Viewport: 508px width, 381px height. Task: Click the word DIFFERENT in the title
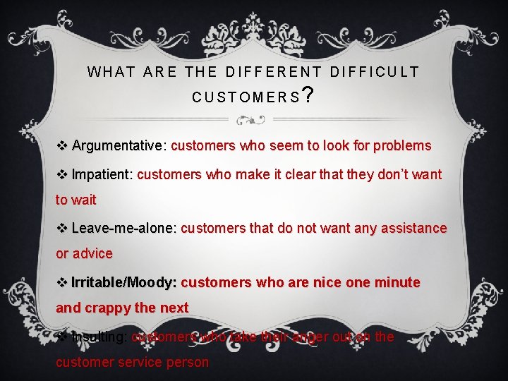coord(272,72)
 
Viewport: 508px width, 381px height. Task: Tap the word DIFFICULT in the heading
coord(375,72)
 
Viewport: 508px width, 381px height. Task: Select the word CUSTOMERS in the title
coord(246,97)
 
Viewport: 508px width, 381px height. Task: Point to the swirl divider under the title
coord(253,119)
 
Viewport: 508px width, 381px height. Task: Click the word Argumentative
coord(116,146)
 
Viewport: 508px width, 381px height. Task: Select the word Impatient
coord(102,174)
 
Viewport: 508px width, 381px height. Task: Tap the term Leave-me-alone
coord(123,228)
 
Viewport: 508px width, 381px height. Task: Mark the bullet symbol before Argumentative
coord(61,146)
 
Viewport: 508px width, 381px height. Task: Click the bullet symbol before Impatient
coord(61,174)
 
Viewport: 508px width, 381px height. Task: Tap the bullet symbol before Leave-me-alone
coord(61,228)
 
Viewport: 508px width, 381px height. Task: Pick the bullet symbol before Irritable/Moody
coord(61,282)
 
